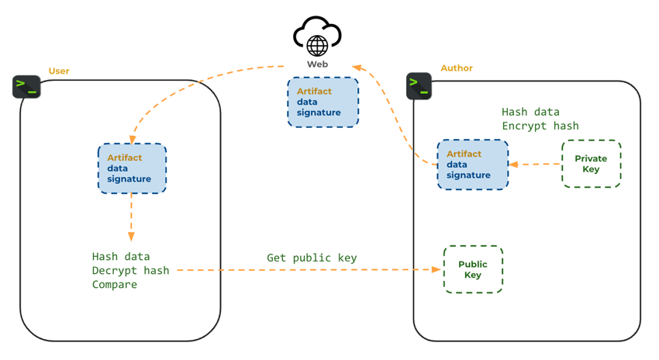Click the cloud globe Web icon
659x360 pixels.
pyautogui.click(x=317, y=36)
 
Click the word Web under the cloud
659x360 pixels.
pyautogui.click(x=317, y=64)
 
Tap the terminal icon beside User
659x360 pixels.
pyautogui.click(x=26, y=86)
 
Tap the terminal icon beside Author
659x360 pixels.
pyautogui.click(x=419, y=85)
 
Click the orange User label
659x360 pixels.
pyautogui.click(x=59, y=71)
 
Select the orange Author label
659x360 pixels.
pyautogui.click(x=457, y=68)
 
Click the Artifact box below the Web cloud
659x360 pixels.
pyautogui.click(x=323, y=102)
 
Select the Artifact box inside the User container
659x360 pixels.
pyautogui.click(x=132, y=168)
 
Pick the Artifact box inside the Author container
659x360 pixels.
pyautogui.click(x=472, y=164)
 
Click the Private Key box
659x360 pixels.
pyautogui.click(x=591, y=164)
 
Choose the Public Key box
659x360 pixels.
pyautogui.click(x=473, y=270)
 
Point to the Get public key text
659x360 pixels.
pyautogui.click(x=312, y=258)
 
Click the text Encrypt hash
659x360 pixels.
pyautogui.click(x=540, y=126)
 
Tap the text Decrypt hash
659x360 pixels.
pyautogui.click(x=130, y=270)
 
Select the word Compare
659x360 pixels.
pyautogui.click(x=115, y=284)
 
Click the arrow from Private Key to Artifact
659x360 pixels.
pyautogui.click(x=535, y=164)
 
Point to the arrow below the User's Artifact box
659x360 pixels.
pyautogui.click(x=131, y=217)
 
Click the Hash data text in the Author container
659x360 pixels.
pyautogui.click(x=530, y=112)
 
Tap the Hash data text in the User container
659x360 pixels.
pyautogui.click(x=121, y=256)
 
